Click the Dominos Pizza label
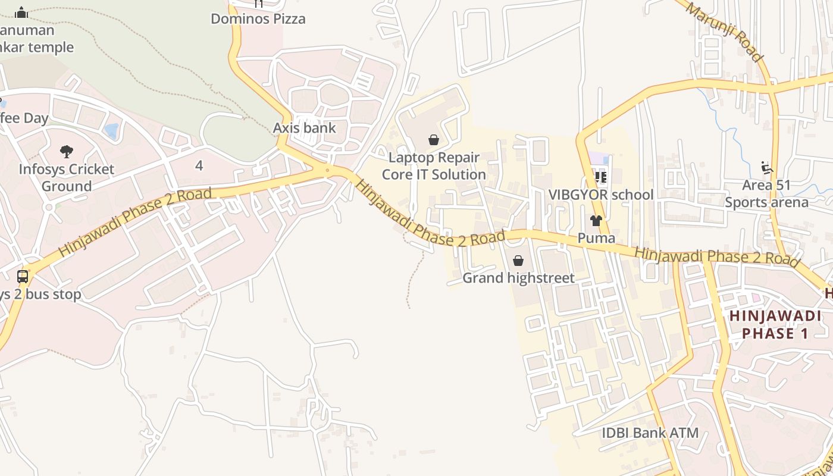(258, 18)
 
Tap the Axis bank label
(304, 128)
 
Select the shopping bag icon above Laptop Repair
(434, 140)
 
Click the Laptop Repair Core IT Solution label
(434, 166)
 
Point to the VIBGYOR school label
(601, 195)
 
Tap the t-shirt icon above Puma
(596, 221)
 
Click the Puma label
(596, 238)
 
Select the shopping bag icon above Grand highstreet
(518, 261)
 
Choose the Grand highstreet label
(518, 278)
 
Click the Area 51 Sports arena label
(766, 193)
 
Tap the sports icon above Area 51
(767, 168)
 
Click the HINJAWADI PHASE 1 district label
(775, 324)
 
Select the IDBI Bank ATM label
(650, 433)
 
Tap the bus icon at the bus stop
(23, 276)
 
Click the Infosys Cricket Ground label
(66, 177)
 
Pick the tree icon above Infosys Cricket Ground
(67, 152)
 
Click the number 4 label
(199, 165)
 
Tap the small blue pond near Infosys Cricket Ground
(111, 130)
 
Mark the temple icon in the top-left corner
(21, 12)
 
